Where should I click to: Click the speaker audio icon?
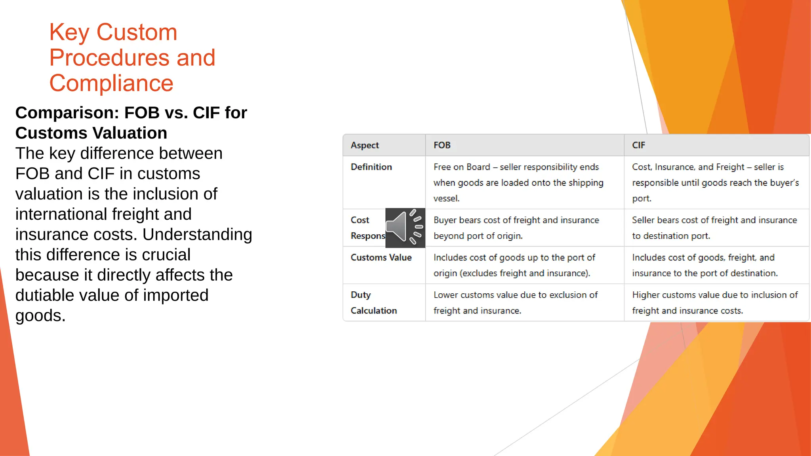[405, 228]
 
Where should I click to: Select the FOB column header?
[442, 145]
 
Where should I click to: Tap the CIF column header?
[638, 145]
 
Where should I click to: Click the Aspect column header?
[365, 145]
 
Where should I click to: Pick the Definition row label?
[371, 167]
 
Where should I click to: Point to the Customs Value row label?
[381, 258]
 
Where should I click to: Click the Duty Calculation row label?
[373, 303]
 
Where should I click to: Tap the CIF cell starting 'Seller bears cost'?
[714, 228]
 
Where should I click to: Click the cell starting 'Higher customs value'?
[714, 303]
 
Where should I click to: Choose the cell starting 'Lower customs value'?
[515, 303]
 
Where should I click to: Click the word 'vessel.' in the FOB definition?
[446, 198]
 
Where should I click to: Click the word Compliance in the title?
[111, 83]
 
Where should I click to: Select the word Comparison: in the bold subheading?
[67, 113]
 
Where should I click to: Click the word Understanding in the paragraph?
[197, 234]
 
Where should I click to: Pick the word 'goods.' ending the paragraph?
[40, 316]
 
